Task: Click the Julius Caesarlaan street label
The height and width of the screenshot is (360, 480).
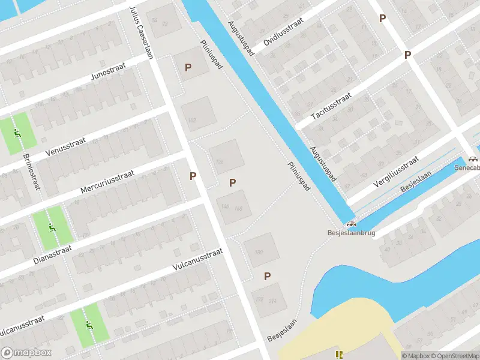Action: click(x=142, y=33)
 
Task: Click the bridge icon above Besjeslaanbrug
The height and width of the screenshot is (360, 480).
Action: click(x=350, y=223)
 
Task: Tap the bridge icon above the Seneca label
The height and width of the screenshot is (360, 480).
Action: click(x=474, y=159)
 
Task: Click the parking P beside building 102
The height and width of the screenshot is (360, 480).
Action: click(x=188, y=68)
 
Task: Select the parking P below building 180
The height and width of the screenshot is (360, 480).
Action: click(x=267, y=276)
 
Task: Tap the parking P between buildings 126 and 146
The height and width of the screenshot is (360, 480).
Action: click(x=232, y=182)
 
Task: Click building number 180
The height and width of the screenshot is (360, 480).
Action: click(x=259, y=252)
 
